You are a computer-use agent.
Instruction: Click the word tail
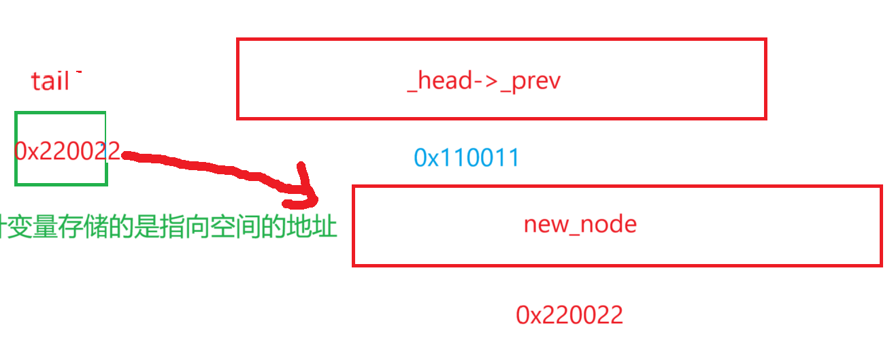point(50,82)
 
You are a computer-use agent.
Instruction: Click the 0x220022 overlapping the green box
point(67,151)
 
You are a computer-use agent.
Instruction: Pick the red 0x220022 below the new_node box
point(569,315)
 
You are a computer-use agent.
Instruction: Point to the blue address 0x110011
point(467,158)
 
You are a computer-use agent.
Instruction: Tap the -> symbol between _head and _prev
point(486,81)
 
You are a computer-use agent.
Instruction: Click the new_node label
point(580,224)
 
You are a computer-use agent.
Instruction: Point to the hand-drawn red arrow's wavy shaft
point(204,165)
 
